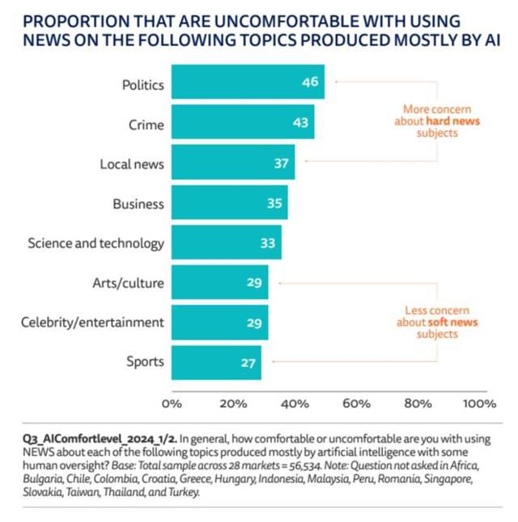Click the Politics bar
pyautogui.click(x=248, y=83)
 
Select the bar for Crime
pyautogui.click(x=243, y=124)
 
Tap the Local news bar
pyautogui.click(x=233, y=164)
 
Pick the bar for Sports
pyautogui.click(x=216, y=362)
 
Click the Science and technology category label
pyautogui.click(x=96, y=242)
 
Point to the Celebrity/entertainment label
pyautogui.click(x=92, y=322)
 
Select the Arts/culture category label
pyautogui.click(x=128, y=282)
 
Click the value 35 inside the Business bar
pyautogui.click(x=274, y=203)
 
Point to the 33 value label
pyautogui.click(x=268, y=242)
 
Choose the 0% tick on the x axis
pyautogui.click(x=172, y=402)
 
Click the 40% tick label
pyautogui.click(x=295, y=402)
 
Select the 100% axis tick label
pyautogui.click(x=479, y=402)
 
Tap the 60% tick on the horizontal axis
pyautogui.click(x=356, y=402)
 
